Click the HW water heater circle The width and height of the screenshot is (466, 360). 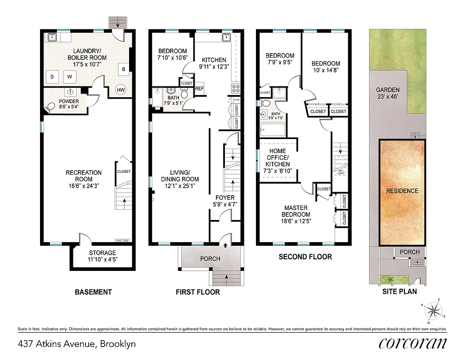click(x=121, y=90)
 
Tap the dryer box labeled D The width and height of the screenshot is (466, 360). click(x=52, y=77)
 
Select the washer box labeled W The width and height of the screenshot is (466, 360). click(x=70, y=77)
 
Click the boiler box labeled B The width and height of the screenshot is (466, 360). click(x=123, y=69)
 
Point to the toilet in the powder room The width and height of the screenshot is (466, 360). click(x=51, y=107)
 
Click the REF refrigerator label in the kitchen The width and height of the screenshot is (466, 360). click(x=199, y=89)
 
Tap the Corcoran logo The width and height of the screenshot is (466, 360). click(x=413, y=344)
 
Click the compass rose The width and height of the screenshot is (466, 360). click(x=433, y=310)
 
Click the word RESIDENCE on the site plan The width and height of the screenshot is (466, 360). click(x=402, y=191)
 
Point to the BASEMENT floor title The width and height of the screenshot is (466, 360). click(x=93, y=292)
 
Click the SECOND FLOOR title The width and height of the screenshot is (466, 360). click(x=305, y=257)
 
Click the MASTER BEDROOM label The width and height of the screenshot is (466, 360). click(x=296, y=211)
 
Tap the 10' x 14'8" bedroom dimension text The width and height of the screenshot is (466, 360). click(x=326, y=70)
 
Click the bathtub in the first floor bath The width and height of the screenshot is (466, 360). click(x=157, y=98)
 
